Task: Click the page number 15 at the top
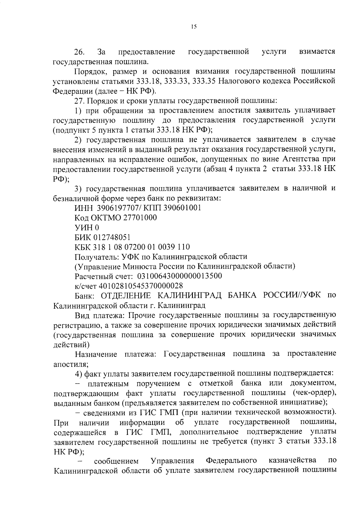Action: tap(193, 27)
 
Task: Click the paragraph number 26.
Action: tap(79, 52)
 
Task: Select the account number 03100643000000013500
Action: tap(179, 276)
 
